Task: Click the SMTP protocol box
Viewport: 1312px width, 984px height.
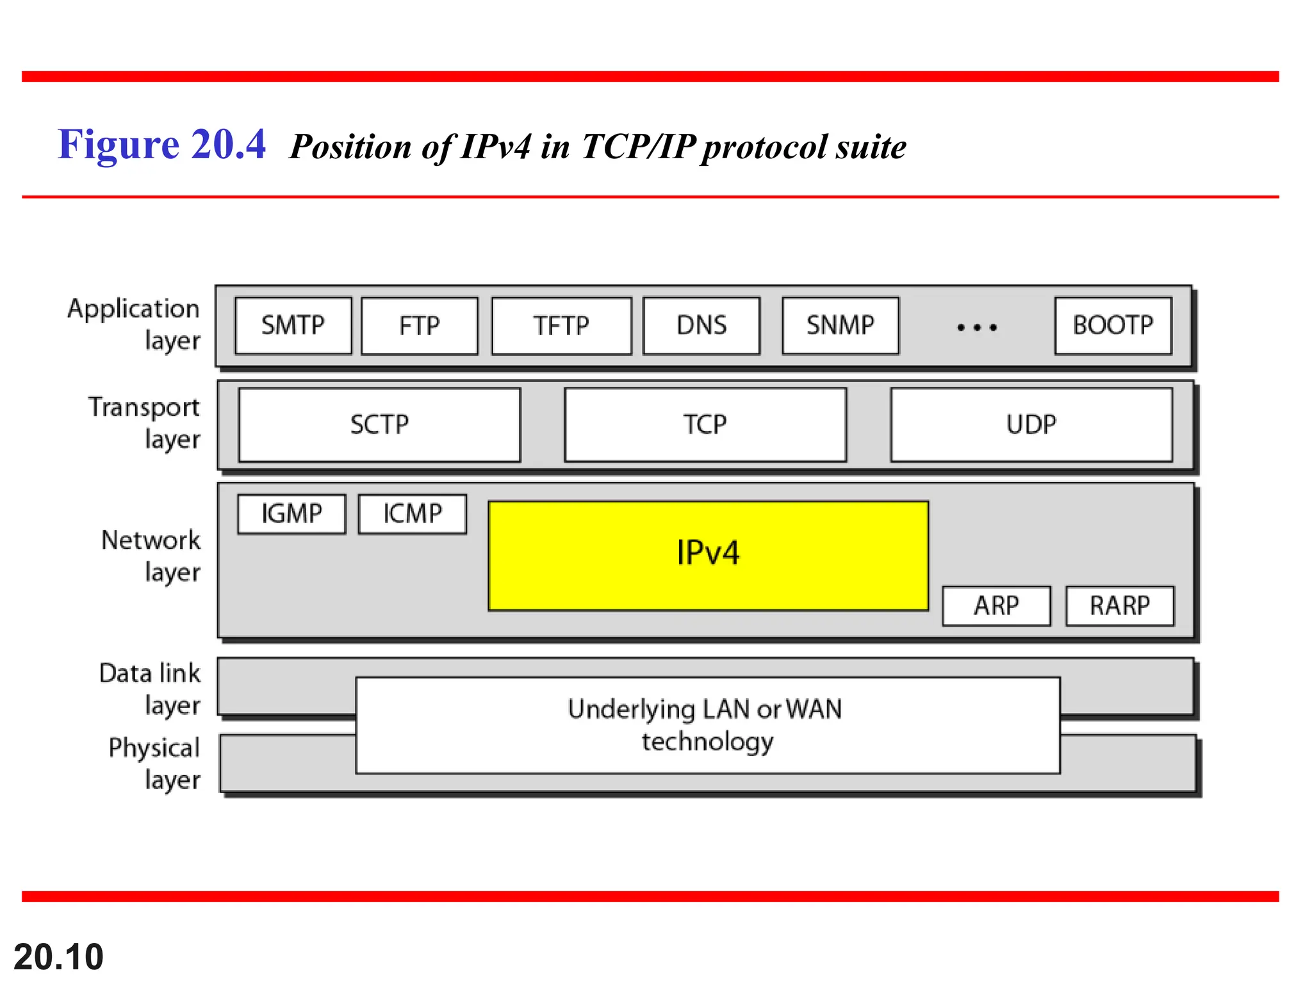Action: coord(293,325)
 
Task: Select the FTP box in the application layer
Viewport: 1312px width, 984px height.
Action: coord(420,326)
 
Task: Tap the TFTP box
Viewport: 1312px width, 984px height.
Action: coord(561,326)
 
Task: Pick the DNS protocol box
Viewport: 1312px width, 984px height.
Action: coord(701,325)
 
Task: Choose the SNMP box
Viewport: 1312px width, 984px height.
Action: coord(840,325)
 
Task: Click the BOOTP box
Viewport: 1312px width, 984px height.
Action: coord(1113,325)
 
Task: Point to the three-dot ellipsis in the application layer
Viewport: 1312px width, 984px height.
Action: coord(977,327)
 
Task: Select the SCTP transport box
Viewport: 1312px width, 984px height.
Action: coord(379,425)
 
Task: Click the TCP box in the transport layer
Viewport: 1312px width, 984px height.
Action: coord(705,425)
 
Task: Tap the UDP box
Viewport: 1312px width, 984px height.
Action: coord(1031,425)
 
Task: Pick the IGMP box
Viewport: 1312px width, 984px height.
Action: coord(291,514)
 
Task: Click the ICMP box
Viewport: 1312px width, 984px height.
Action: coord(413,514)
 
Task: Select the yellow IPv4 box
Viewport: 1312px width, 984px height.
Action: coord(708,555)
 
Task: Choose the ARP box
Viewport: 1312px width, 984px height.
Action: coord(996,606)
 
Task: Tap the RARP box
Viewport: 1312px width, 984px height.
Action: coord(1120,606)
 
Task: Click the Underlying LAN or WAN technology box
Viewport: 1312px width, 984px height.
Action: coord(708,725)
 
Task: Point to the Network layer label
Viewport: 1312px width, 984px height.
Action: coord(151,556)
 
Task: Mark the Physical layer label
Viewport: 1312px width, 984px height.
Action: coord(154,764)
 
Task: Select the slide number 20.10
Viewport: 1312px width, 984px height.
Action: coord(58,957)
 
